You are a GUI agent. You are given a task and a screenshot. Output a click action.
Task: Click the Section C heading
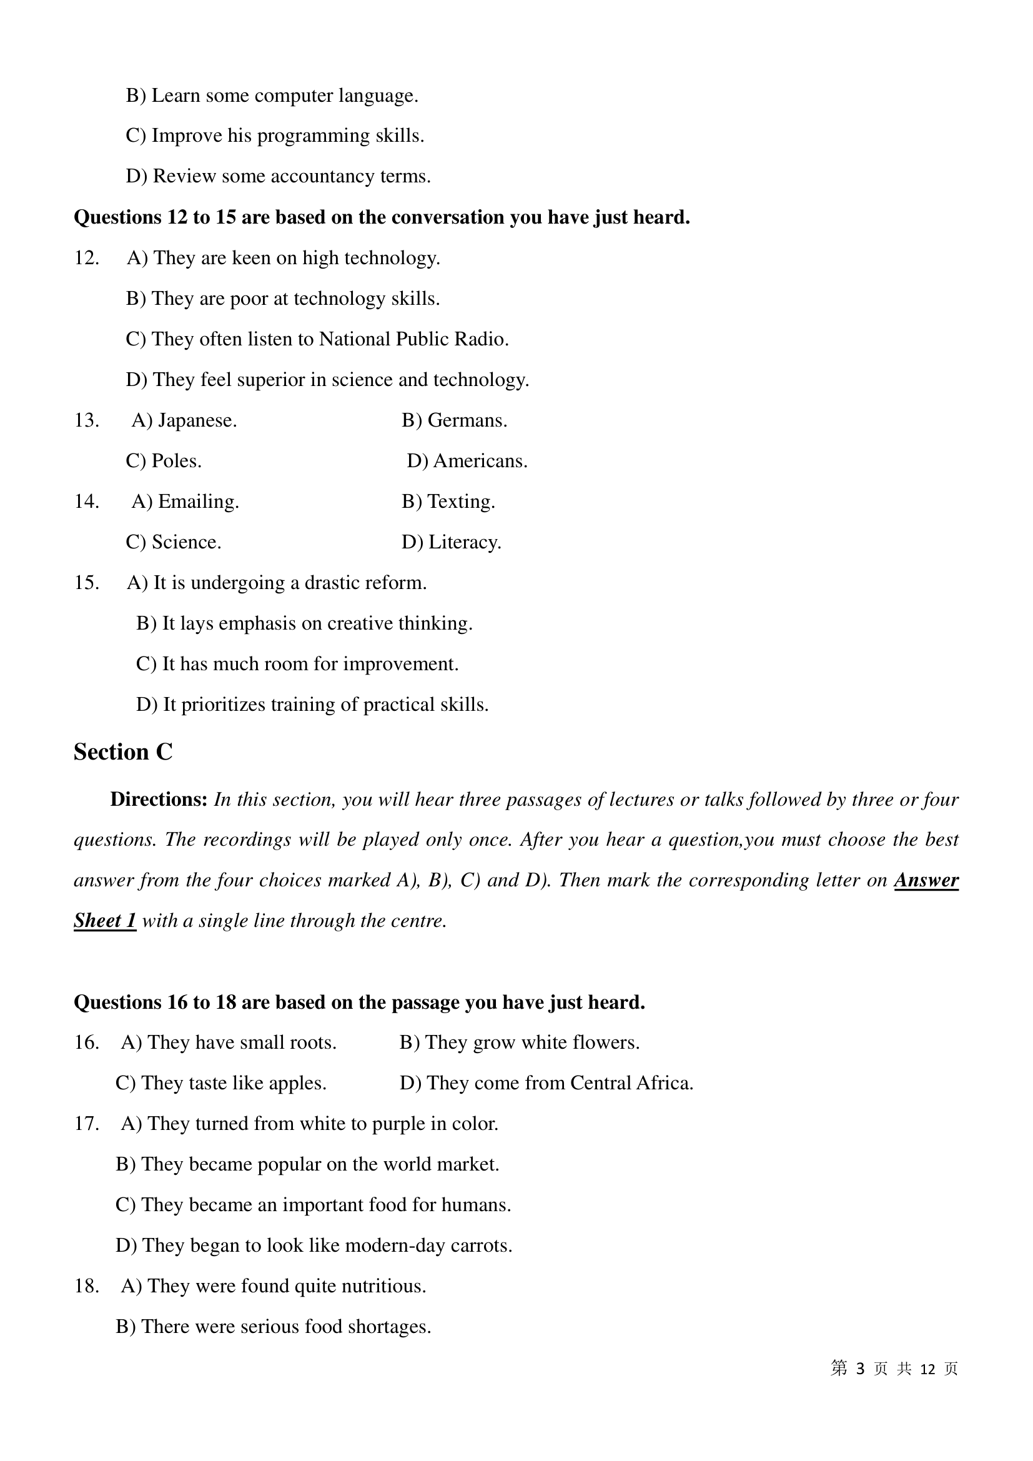coord(123,752)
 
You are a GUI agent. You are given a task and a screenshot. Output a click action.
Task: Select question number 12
coord(87,259)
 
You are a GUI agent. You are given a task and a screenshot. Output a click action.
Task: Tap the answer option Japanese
coord(184,420)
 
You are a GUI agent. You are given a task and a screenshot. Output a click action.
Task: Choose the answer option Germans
coord(454,420)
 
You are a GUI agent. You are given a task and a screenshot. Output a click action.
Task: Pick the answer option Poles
coord(164,462)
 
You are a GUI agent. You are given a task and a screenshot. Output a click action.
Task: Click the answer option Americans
coord(467,462)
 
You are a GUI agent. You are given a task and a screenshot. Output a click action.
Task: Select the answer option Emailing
coord(185,502)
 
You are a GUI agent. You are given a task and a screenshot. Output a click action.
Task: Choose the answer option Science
coord(174,543)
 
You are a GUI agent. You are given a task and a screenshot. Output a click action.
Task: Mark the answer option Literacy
coord(452,543)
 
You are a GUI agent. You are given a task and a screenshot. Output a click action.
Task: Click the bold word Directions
coord(159,800)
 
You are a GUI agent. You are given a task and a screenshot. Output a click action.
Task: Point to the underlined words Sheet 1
coord(105,921)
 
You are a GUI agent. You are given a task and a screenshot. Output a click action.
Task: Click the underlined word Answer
coord(926,880)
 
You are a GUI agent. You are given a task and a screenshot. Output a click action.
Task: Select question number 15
coord(87,583)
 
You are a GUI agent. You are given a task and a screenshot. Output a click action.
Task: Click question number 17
coord(87,1124)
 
